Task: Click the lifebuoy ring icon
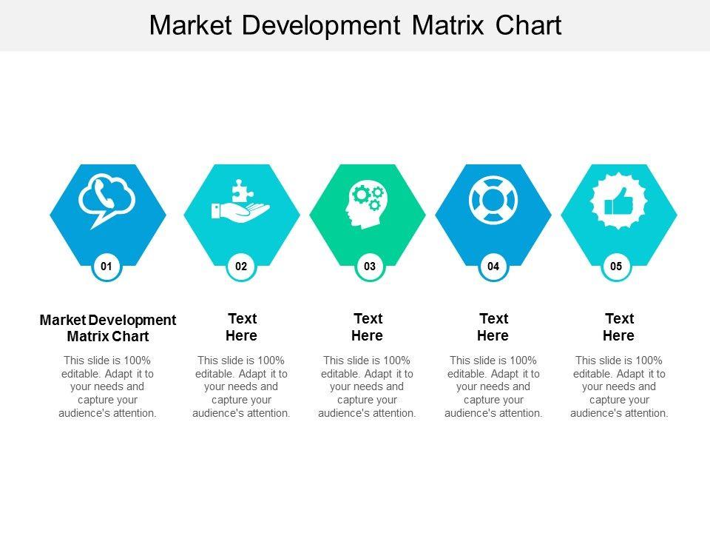(493, 200)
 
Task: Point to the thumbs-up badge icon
(619, 200)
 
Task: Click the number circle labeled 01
(106, 266)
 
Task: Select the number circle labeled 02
(241, 266)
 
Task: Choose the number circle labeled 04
(493, 266)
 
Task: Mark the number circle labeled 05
(616, 266)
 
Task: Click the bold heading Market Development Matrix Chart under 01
(108, 328)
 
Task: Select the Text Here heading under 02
(242, 327)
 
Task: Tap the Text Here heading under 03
(368, 327)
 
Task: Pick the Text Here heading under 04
(493, 327)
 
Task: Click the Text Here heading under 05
(619, 327)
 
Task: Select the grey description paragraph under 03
(368, 386)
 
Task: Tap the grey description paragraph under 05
(619, 386)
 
